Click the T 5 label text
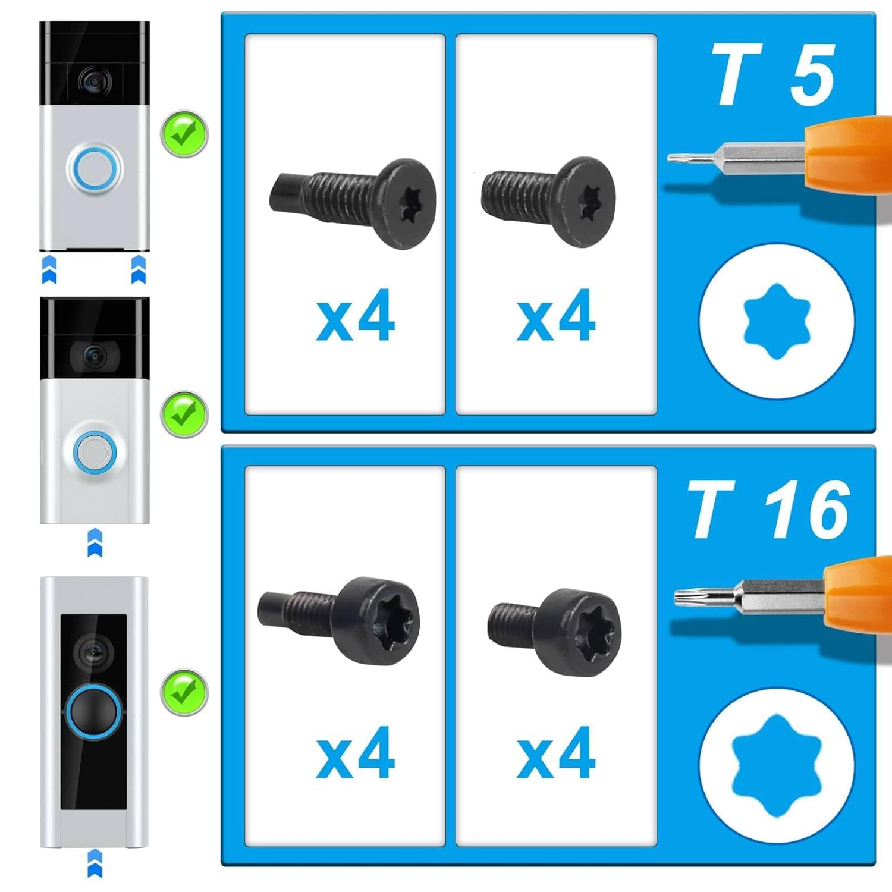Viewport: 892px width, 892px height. tap(773, 76)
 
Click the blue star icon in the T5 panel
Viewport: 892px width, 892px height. tap(777, 321)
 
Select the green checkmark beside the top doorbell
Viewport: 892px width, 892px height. tap(184, 134)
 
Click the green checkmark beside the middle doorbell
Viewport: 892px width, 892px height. tap(184, 414)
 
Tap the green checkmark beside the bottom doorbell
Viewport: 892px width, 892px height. tap(184, 693)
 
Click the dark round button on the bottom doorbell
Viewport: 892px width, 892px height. tap(94, 713)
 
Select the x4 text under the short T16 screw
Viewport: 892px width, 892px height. tap(556, 753)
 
